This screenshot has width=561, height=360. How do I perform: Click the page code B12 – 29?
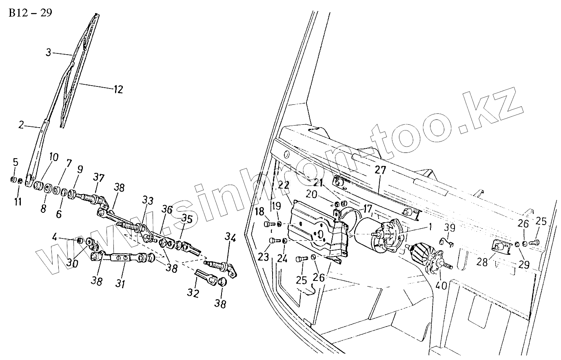pos(30,13)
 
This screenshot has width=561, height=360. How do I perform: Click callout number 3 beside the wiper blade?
pos(49,52)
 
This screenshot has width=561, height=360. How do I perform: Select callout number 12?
pos(118,89)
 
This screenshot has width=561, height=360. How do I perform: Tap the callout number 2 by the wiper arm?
pos(22,125)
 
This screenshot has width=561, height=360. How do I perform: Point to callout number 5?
pos(16,162)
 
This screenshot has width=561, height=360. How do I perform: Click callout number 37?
pos(98,178)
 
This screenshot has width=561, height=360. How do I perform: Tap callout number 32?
pos(193,293)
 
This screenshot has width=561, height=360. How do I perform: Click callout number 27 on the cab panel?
pos(380,170)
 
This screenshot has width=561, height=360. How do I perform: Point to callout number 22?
pos(284,185)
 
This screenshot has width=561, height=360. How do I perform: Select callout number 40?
pos(442,286)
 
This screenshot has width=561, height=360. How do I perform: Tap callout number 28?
pos(482,263)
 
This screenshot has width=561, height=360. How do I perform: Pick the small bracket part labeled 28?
pos(500,246)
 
